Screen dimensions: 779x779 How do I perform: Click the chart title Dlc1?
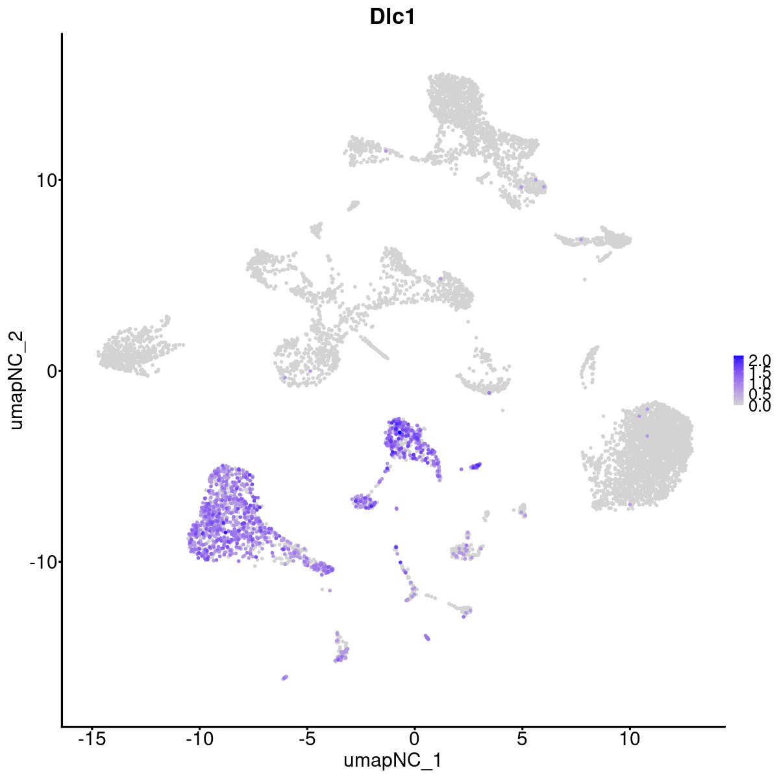[x=392, y=18]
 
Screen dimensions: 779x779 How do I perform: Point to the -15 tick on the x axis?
[x=92, y=739]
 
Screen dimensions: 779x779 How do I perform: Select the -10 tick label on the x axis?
[x=199, y=739]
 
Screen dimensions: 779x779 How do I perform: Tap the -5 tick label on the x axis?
[x=306, y=739]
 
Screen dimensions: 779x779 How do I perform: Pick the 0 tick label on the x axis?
[x=414, y=739]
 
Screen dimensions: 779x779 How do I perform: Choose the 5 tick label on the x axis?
[x=522, y=739]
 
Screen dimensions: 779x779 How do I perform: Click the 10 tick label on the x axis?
[x=630, y=739]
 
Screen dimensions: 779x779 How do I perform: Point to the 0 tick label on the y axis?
[x=48, y=371]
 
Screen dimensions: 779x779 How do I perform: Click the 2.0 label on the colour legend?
[x=759, y=360]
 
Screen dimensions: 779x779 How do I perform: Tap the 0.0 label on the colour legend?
[x=759, y=406]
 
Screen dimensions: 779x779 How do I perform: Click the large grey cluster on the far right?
[x=643, y=454]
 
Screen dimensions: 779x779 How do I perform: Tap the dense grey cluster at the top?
[x=454, y=104]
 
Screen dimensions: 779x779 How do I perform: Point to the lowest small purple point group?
[x=284, y=677]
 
